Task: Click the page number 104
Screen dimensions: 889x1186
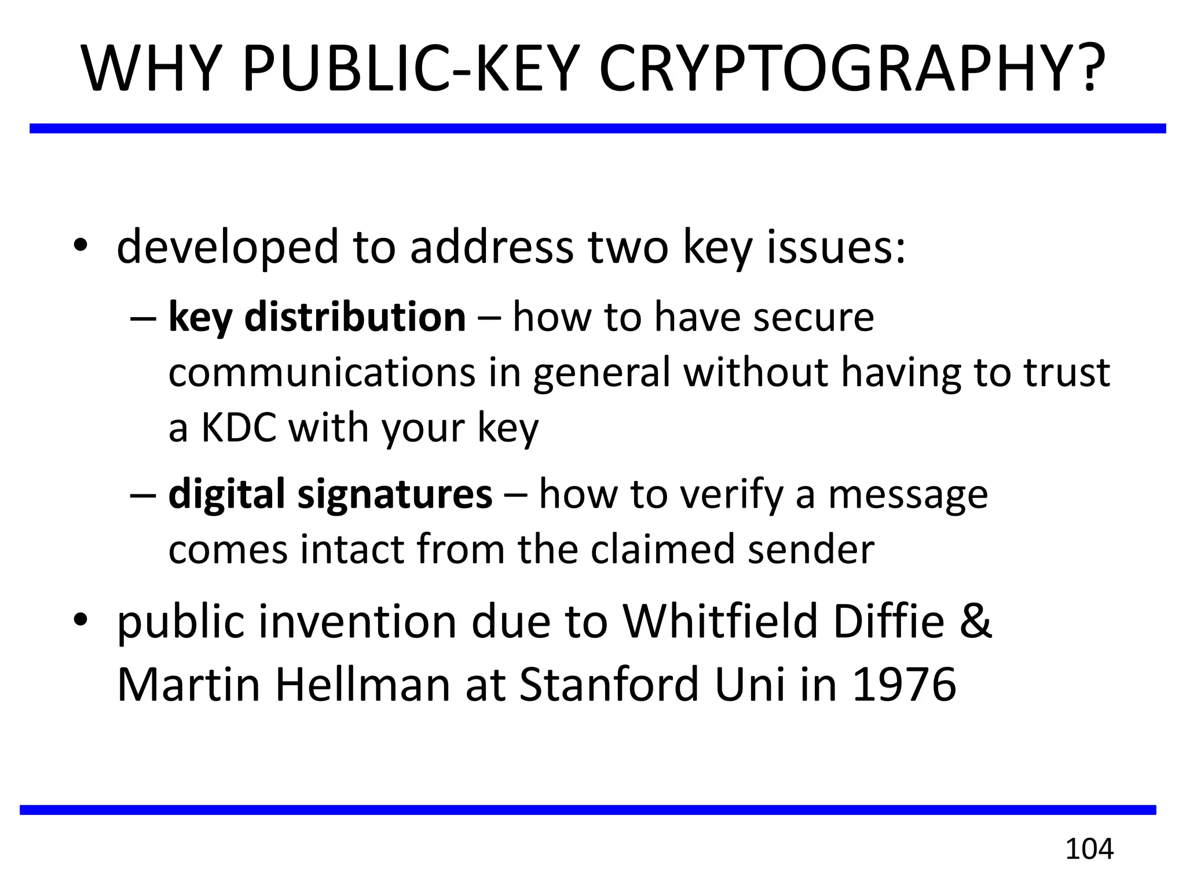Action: (1089, 849)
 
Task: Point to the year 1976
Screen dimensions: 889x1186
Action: (904, 685)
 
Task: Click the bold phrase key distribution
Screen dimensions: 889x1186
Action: (317, 317)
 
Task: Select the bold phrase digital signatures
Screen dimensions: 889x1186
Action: (330, 494)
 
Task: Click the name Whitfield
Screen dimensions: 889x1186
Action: (721, 621)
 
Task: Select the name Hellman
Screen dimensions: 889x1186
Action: (363, 685)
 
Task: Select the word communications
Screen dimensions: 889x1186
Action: (322, 372)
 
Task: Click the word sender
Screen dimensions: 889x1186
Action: (811, 549)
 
